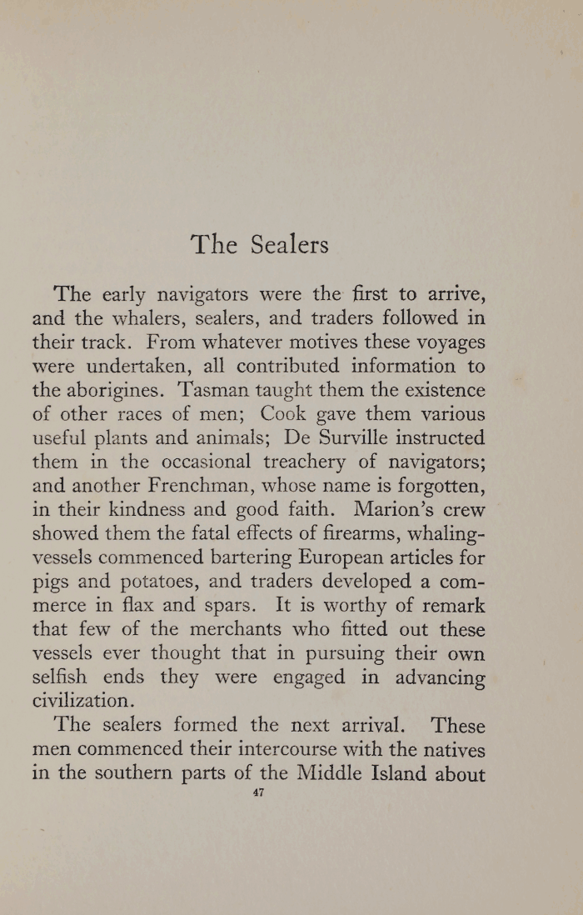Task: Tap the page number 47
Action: tap(257, 793)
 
